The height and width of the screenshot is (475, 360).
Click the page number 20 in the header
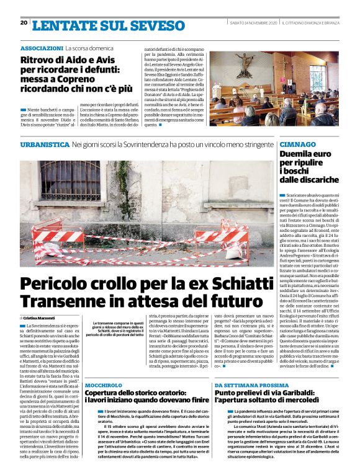[x=24, y=23]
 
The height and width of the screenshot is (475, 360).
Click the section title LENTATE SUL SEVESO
[x=99, y=25]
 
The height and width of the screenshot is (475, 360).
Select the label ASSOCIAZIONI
[x=41, y=48]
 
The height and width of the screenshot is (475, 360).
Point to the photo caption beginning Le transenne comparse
[x=119, y=332]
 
